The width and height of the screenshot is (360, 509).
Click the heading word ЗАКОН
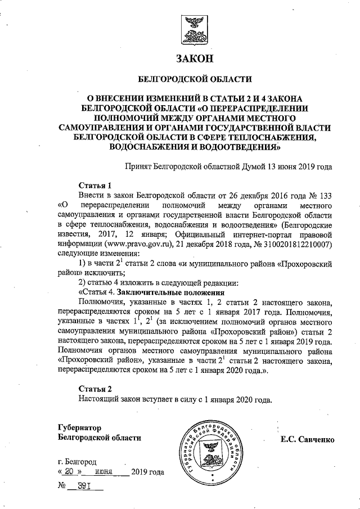point(195,58)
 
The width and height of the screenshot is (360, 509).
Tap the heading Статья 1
point(95,185)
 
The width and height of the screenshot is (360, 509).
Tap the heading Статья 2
point(95,389)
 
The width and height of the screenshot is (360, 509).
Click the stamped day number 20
point(71,471)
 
